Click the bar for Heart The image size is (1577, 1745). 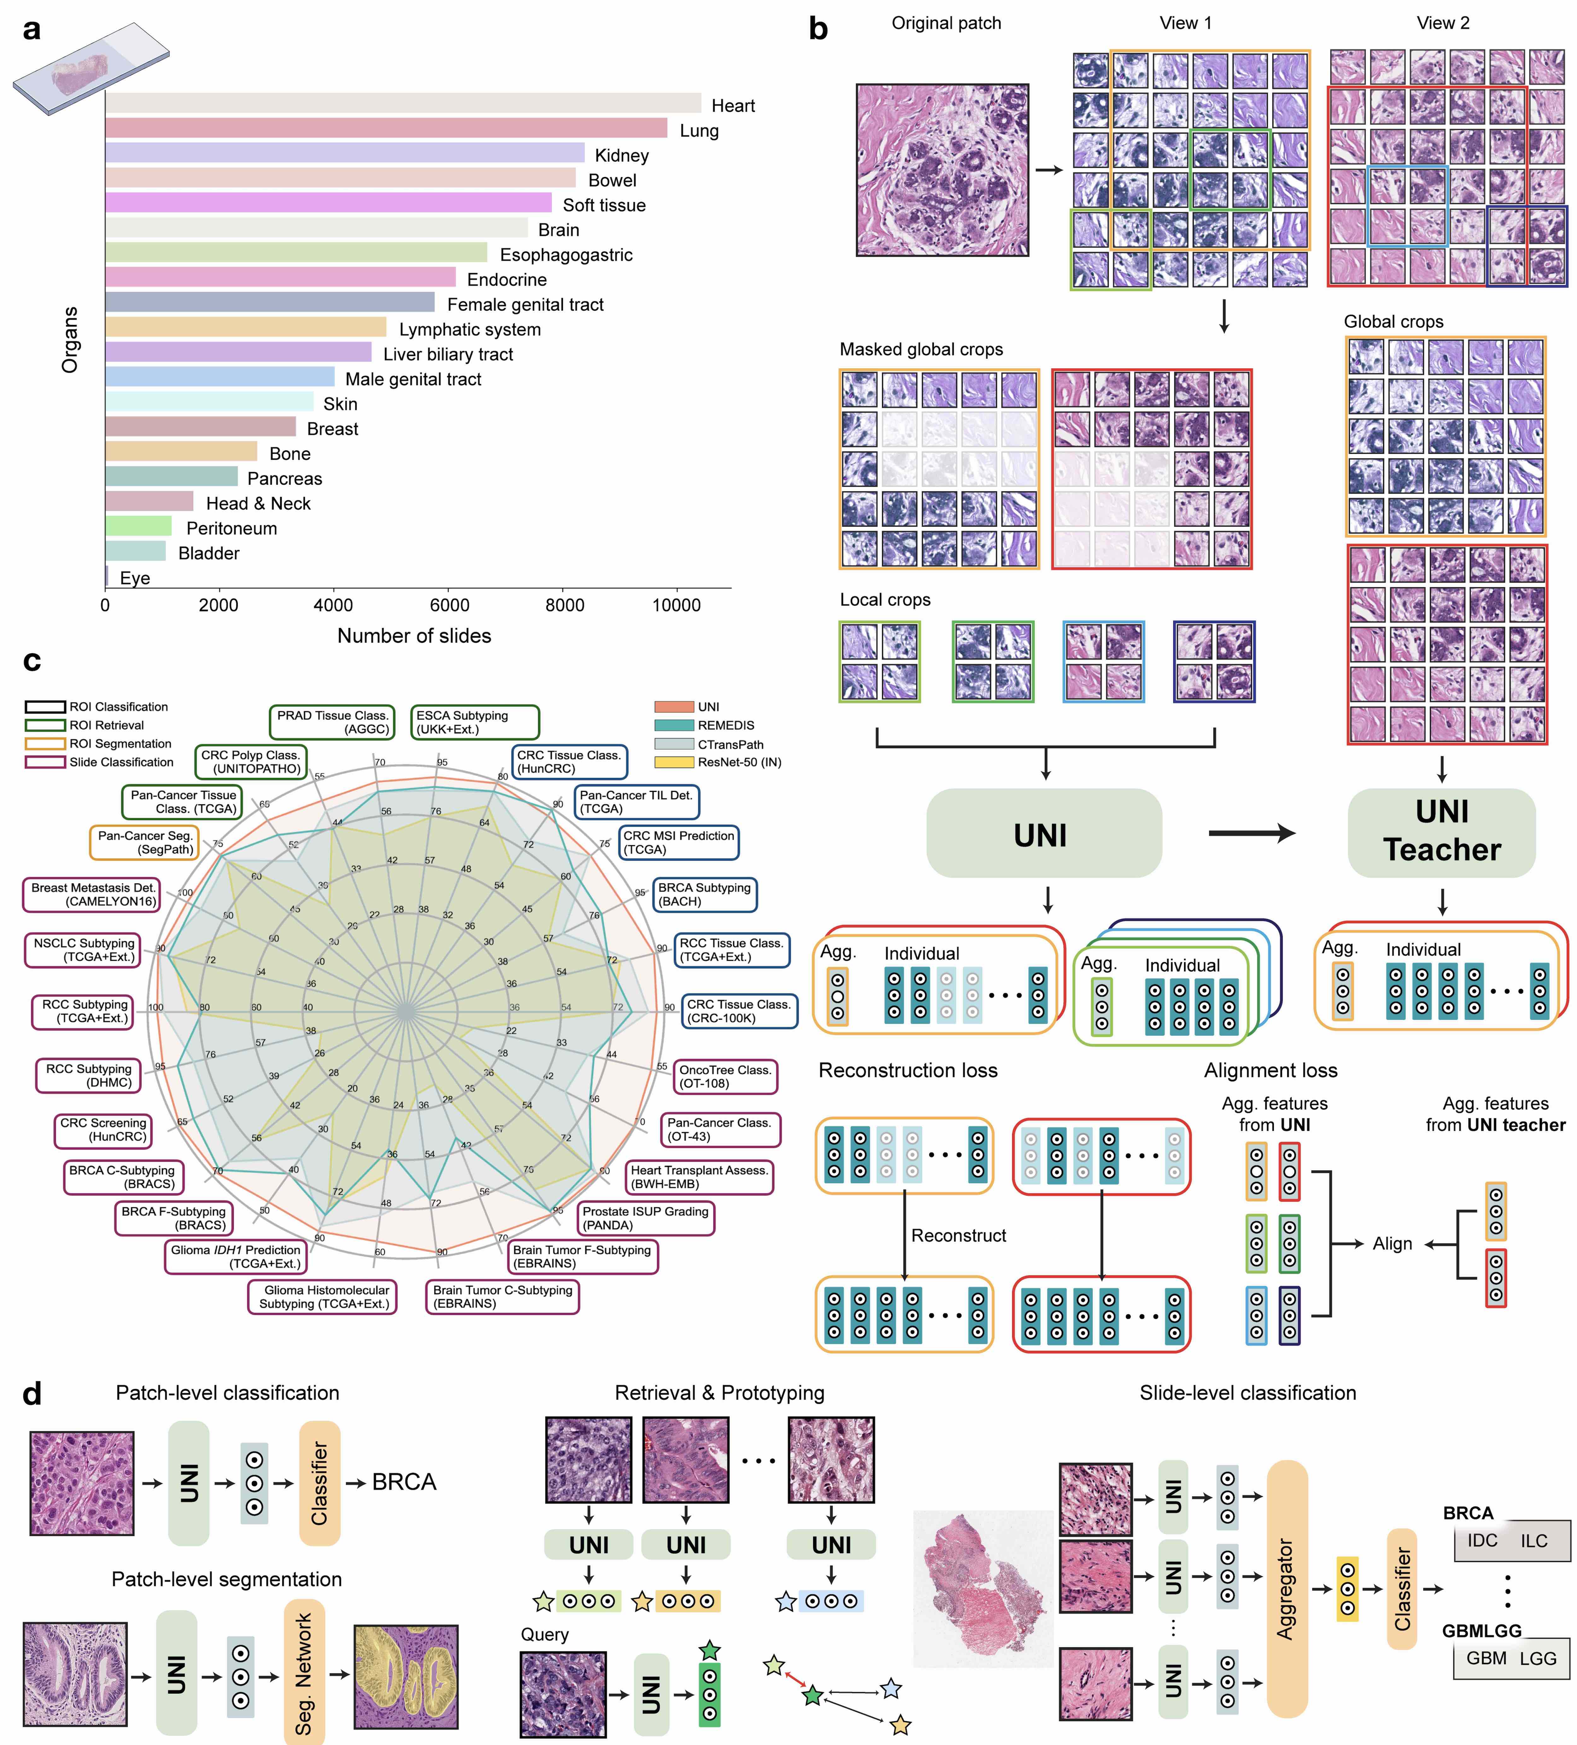click(402, 103)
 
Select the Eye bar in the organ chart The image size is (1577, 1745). click(107, 576)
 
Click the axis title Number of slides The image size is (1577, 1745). click(414, 636)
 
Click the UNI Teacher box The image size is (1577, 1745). click(1441, 832)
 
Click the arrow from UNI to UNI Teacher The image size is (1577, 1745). click(1252, 834)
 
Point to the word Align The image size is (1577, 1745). click(1392, 1244)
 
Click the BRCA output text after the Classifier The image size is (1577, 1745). click(404, 1482)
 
